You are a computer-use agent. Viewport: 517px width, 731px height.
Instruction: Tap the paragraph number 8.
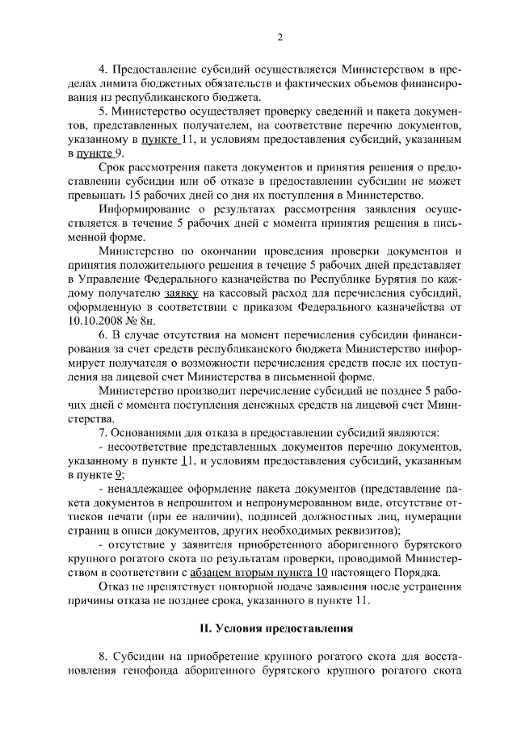[x=101, y=658]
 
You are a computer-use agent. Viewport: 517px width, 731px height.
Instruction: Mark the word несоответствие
[x=145, y=447]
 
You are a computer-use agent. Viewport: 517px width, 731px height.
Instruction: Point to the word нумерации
[x=433, y=516]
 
